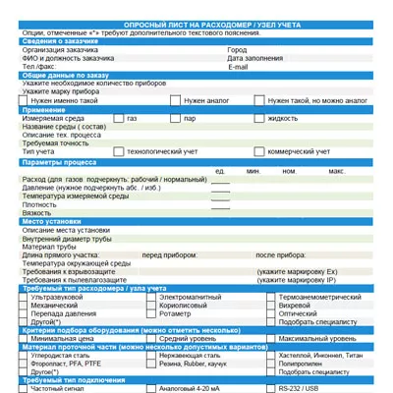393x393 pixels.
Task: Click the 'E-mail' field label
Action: [x=239, y=67]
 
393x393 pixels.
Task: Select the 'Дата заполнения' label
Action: [x=250, y=58]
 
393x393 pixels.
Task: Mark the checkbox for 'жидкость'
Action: [x=259, y=118]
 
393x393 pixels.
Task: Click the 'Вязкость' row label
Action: [x=37, y=212]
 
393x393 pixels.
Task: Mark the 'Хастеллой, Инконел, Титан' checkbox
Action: [x=271, y=356]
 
